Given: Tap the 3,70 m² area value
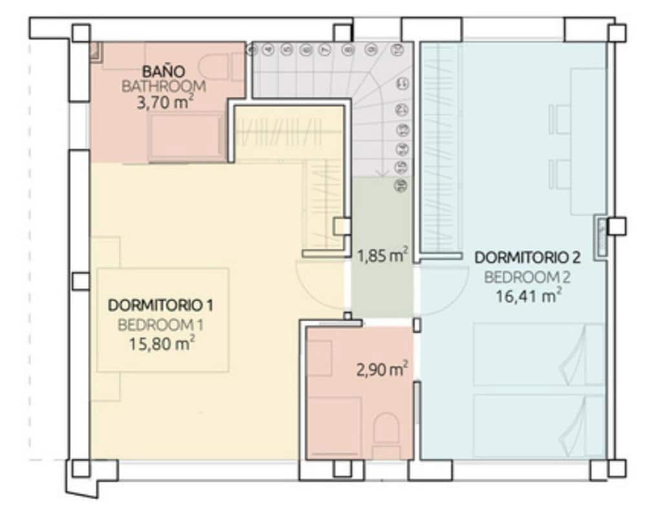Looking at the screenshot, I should (165, 101).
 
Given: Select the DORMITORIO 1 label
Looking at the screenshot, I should (161, 304).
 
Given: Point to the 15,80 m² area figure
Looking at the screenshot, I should (162, 344).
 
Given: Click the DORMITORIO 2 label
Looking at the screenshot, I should (527, 257).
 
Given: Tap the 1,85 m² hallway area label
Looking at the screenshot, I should (382, 256).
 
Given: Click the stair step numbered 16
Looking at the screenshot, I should (403, 186).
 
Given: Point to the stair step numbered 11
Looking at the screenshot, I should (403, 83).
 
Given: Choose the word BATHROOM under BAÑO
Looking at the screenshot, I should (163, 86).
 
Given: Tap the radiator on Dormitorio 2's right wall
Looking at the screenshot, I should (601, 237).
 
